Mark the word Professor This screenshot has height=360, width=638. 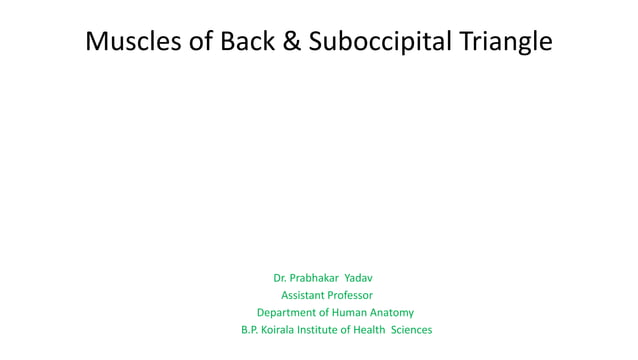(350, 294)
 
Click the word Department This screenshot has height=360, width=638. (288, 312)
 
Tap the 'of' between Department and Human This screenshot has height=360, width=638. (330, 312)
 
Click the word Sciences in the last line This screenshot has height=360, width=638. (412, 330)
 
